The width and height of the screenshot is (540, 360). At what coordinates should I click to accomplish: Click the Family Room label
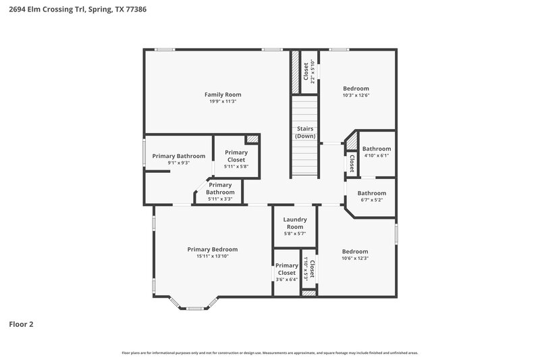pos(223,95)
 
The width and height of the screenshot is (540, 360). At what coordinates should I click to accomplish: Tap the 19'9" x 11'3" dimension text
pos(223,101)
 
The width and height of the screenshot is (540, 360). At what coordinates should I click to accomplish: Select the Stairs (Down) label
pos(305,132)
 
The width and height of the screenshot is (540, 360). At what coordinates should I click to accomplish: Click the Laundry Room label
pos(295,223)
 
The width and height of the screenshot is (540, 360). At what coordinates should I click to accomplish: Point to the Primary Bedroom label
pos(212,249)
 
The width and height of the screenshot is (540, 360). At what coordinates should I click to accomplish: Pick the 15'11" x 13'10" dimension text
pos(212,257)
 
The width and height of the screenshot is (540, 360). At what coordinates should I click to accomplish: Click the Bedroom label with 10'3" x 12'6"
pos(356,88)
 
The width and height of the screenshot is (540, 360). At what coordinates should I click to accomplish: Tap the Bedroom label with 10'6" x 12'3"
pos(354,251)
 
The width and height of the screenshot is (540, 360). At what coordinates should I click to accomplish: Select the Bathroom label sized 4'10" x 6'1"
pos(376,149)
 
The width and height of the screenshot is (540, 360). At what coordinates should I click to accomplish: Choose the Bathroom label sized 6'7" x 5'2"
pos(372,193)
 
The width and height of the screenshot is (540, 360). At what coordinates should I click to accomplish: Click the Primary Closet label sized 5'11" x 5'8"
pos(236,156)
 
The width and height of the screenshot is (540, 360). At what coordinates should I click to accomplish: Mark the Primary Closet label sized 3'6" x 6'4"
pos(287,269)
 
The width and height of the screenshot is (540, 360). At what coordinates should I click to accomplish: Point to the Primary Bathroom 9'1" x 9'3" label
pos(178,156)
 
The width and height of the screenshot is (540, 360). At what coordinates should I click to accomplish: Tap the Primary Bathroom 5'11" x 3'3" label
pos(220,188)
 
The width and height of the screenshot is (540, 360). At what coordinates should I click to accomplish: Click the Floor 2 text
pos(21,324)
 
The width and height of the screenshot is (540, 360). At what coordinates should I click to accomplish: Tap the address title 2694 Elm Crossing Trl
pos(78,10)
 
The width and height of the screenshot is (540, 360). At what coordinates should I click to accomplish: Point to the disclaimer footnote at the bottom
pos(269,353)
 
